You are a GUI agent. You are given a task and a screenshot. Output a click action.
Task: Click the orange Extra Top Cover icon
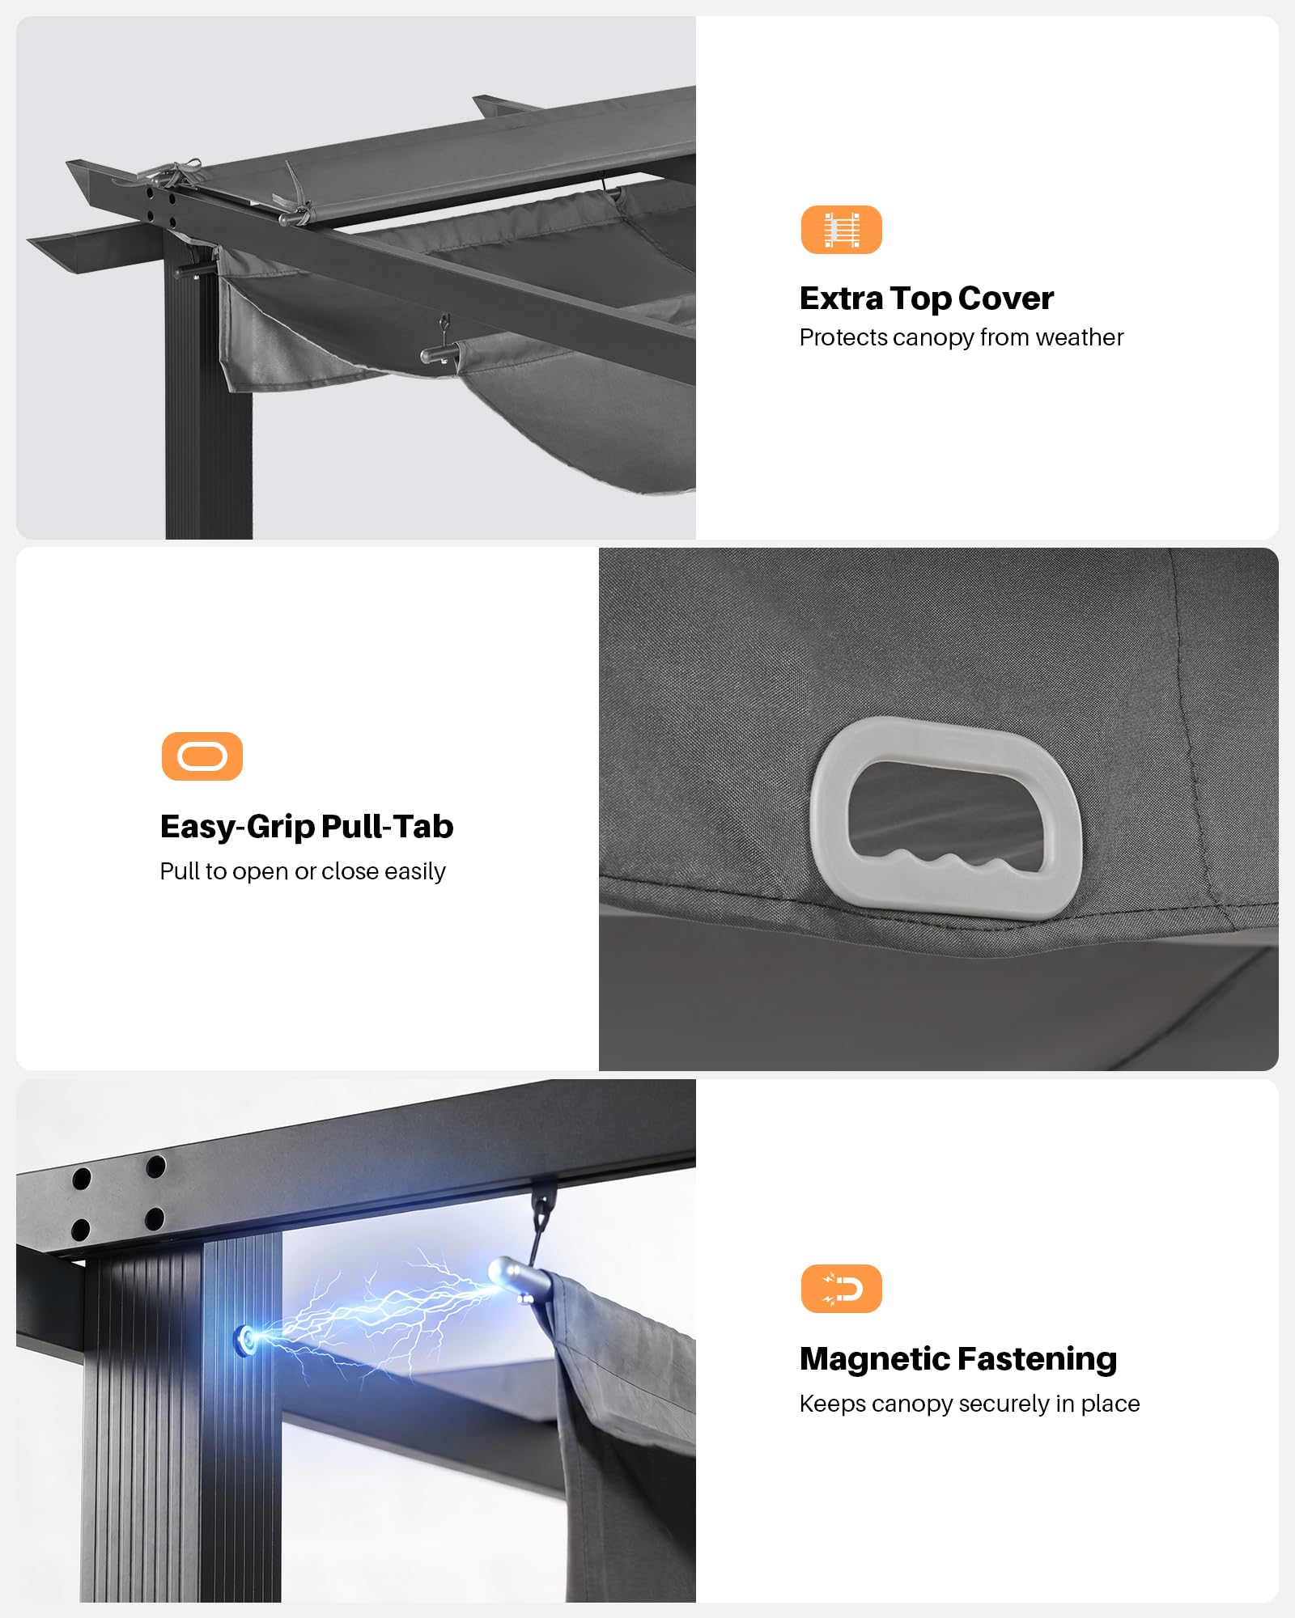click(841, 230)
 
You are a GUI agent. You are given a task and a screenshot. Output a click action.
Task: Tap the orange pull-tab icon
click(202, 756)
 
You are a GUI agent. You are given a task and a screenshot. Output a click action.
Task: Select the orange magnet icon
click(841, 1289)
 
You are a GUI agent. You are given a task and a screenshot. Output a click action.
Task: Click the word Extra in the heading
click(841, 299)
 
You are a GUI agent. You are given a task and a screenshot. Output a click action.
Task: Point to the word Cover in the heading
click(1006, 299)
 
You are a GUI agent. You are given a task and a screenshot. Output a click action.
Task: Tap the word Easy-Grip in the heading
click(237, 828)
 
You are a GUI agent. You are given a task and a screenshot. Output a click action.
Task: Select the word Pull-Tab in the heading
click(388, 827)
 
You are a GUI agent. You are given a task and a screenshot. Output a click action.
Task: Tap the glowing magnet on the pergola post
click(246, 1340)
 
